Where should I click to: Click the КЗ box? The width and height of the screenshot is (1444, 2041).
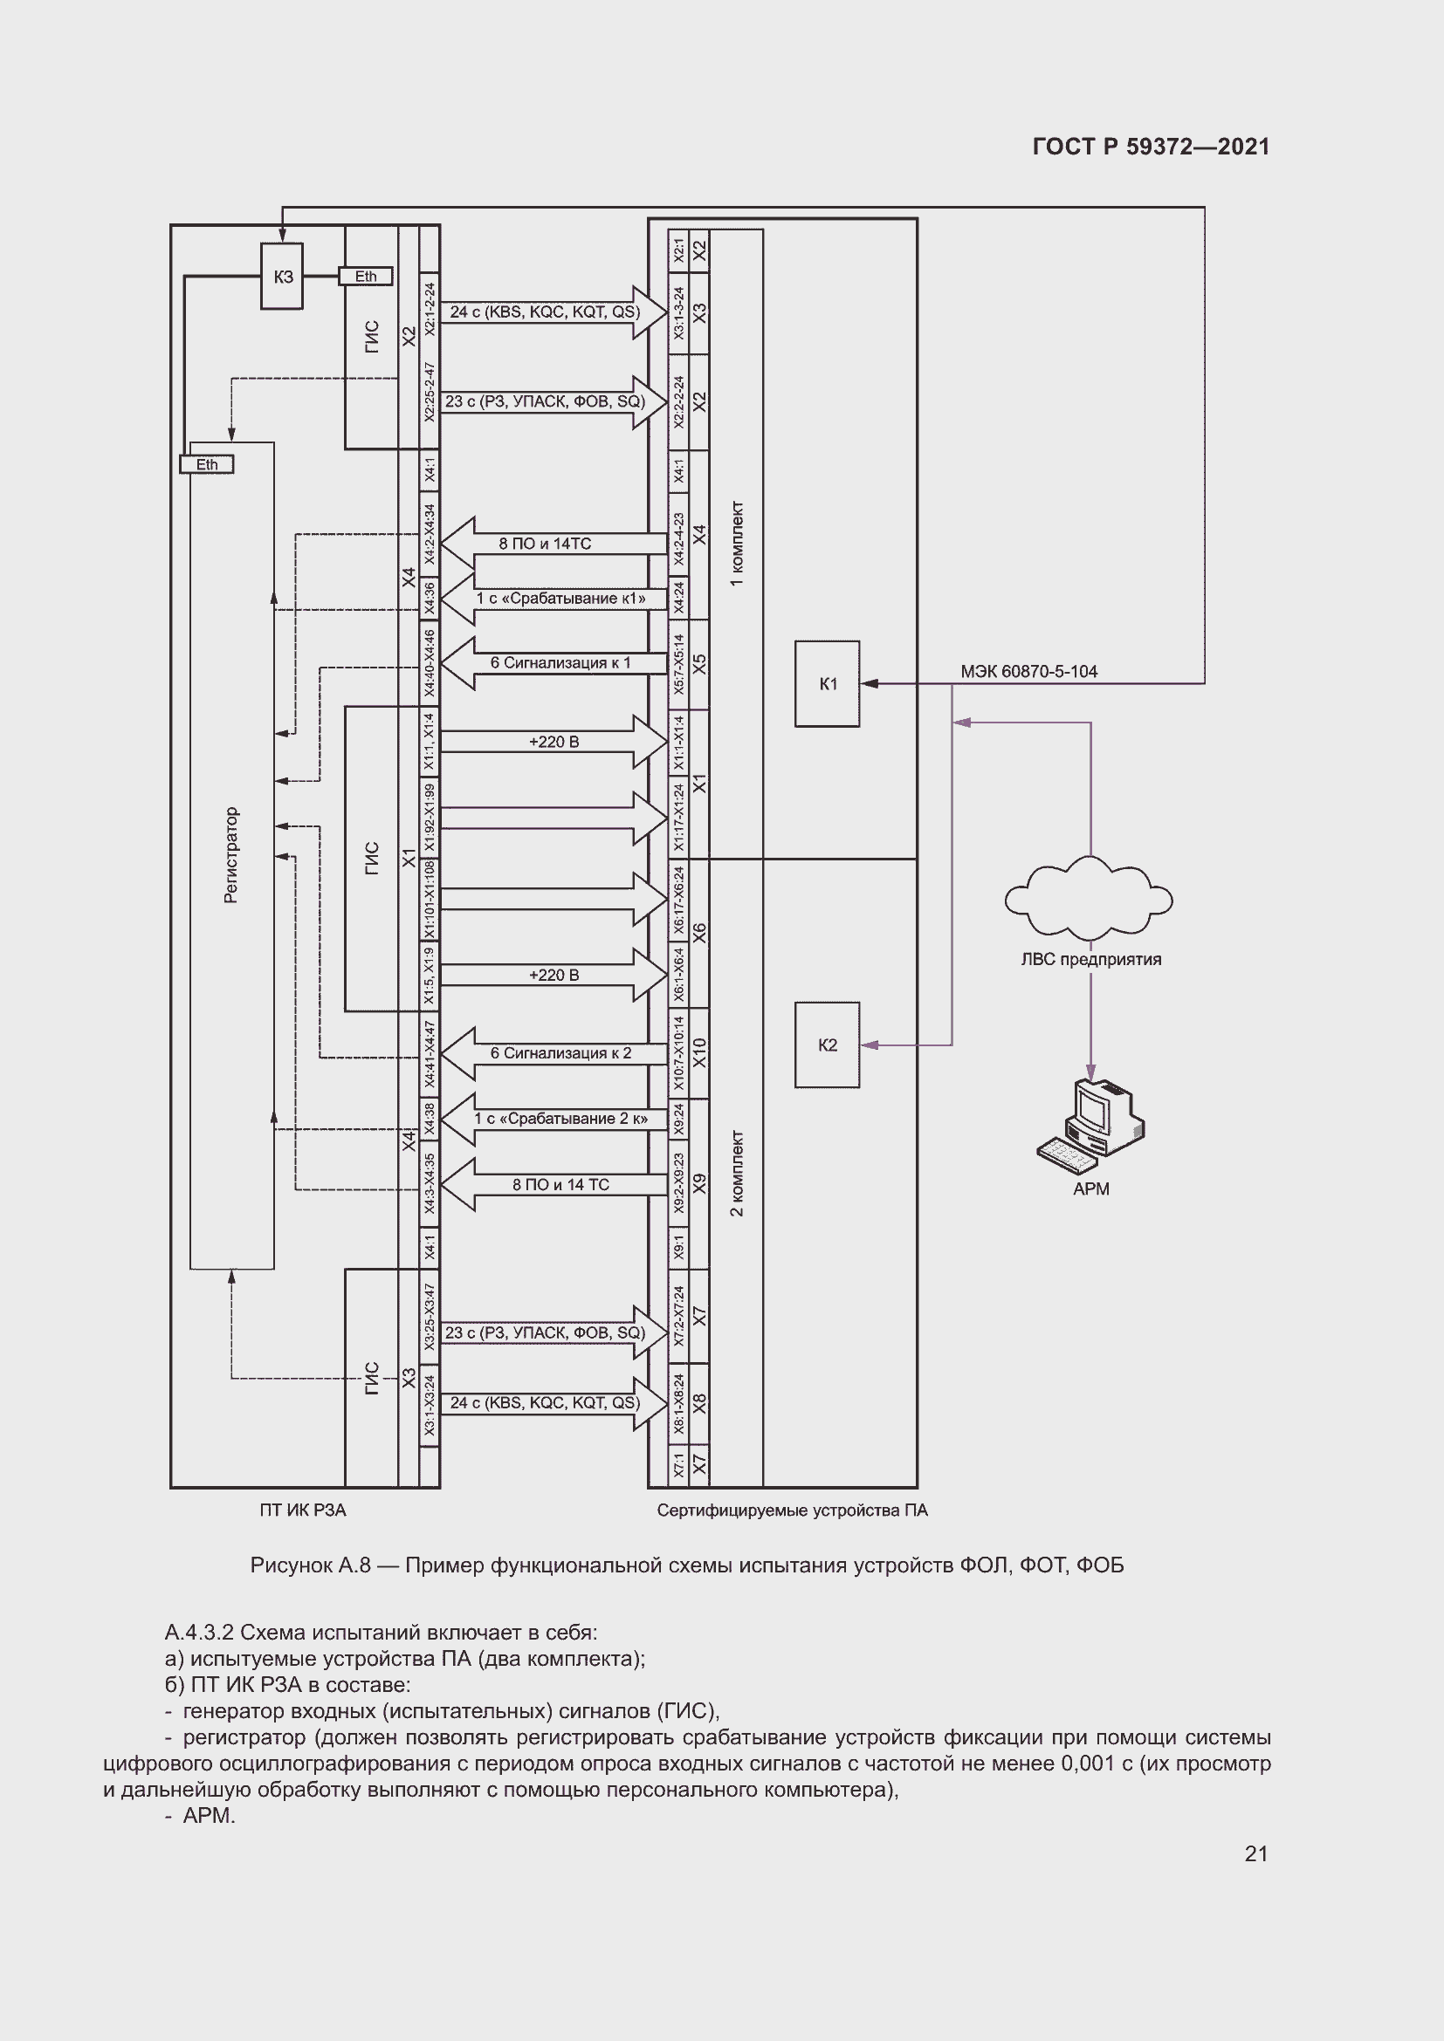[x=282, y=277]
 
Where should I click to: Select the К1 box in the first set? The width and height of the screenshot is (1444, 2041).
[x=827, y=683]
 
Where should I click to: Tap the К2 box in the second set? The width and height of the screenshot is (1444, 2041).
[x=827, y=1044]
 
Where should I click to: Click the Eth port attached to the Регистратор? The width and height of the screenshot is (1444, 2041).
[x=206, y=464]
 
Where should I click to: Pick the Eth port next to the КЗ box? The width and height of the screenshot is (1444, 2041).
[x=366, y=277]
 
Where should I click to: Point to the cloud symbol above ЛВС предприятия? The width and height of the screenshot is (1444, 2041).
[x=1089, y=900]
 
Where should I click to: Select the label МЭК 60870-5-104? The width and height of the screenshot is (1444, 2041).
[x=1028, y=671]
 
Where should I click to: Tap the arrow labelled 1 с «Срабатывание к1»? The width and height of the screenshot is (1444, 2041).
[x=555, y=599]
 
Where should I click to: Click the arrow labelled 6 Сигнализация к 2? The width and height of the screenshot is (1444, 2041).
[x=555, y=1053]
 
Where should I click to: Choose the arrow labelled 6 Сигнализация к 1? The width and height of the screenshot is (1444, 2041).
[x=555, y=663]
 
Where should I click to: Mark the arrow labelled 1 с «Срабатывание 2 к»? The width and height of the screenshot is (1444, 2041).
[x=555, y=1120]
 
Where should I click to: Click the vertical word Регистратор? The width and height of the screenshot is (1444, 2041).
[x=231, y=855]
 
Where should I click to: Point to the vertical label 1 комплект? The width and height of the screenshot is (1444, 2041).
[x=737, y=544]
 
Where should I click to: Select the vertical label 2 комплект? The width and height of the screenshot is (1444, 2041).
[x=737, y=1173]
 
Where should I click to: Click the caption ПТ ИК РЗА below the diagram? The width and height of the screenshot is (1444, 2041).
[x=302, y=1510]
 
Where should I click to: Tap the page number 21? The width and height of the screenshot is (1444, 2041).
[x=1255, y=1853]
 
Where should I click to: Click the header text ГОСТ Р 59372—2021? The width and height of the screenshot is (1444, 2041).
[x=1151, y=147]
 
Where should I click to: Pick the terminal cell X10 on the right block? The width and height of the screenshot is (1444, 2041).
[x=700, y=1053]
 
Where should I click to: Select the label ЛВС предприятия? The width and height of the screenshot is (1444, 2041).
[x=1090, y=959]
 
